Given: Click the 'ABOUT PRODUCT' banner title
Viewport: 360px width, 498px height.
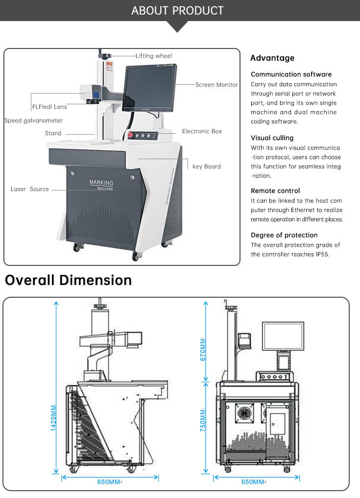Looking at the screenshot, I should [177, 10].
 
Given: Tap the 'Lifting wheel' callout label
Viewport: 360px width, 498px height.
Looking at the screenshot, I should [154, 56].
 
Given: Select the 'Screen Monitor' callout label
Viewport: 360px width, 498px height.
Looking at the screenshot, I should [216, 85].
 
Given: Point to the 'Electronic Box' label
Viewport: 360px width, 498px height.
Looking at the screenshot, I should [202, 131].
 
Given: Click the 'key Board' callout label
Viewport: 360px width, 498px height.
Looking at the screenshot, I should [206, 166].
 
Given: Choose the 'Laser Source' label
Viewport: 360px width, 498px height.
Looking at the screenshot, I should [30, 189].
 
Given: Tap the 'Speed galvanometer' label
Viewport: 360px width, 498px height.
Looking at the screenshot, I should [33, 120].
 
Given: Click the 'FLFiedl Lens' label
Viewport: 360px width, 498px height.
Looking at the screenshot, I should [49, 106].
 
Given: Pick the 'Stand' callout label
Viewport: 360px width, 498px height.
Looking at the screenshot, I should [53, 133].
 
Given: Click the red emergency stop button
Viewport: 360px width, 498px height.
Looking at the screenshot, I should [130, 136].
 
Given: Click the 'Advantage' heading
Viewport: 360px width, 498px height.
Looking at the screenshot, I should [272, 58].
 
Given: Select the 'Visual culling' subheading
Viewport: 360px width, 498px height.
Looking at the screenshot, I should [272, 138].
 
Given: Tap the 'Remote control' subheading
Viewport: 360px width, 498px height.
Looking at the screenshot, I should [275, 191].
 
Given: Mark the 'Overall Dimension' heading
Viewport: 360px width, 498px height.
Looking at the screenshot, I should [68, 280].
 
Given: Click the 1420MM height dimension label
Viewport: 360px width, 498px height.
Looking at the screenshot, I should [54, 417].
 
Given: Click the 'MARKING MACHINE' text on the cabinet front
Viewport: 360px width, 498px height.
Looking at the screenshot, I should [101, 185].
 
